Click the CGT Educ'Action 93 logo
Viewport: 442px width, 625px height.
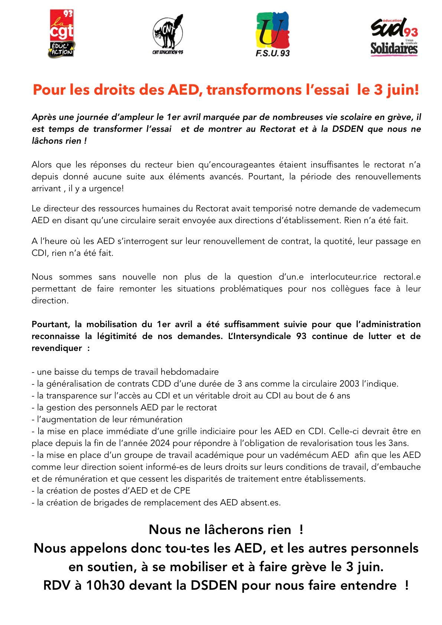[x=62, y=34]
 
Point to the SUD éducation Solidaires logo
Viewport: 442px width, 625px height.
[x=394, y=37]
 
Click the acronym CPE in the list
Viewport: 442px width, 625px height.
[x=182, y=491]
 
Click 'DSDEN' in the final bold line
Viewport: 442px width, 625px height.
[x=214, y=585]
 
